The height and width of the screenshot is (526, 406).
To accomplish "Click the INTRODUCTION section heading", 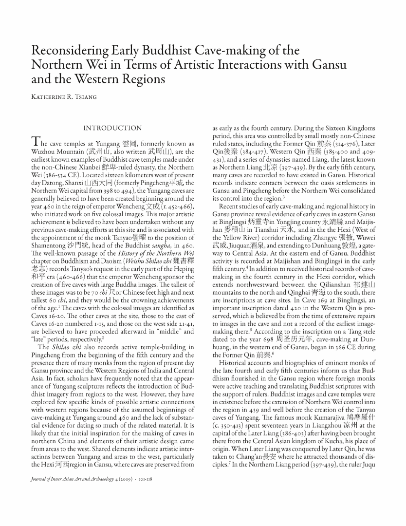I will [x=112, y=128].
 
